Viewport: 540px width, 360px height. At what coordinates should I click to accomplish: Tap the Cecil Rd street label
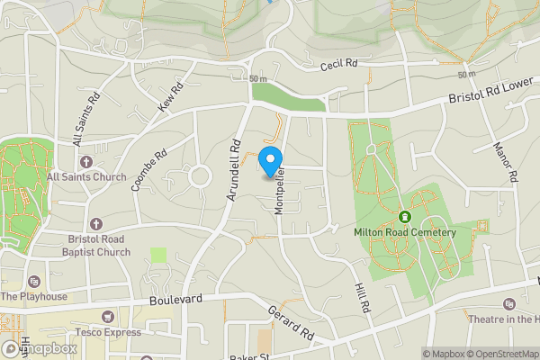340,67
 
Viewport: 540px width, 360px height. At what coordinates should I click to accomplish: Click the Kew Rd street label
170,97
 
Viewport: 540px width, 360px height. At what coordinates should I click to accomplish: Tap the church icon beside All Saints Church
86,162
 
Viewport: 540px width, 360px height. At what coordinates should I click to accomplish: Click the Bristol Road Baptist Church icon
96,223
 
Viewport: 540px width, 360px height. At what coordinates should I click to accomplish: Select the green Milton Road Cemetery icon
405,216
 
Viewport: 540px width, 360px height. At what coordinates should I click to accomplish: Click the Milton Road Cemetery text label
405,232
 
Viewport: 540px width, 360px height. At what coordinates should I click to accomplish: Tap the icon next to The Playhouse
33,281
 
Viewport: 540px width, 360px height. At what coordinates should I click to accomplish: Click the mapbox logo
39,348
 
